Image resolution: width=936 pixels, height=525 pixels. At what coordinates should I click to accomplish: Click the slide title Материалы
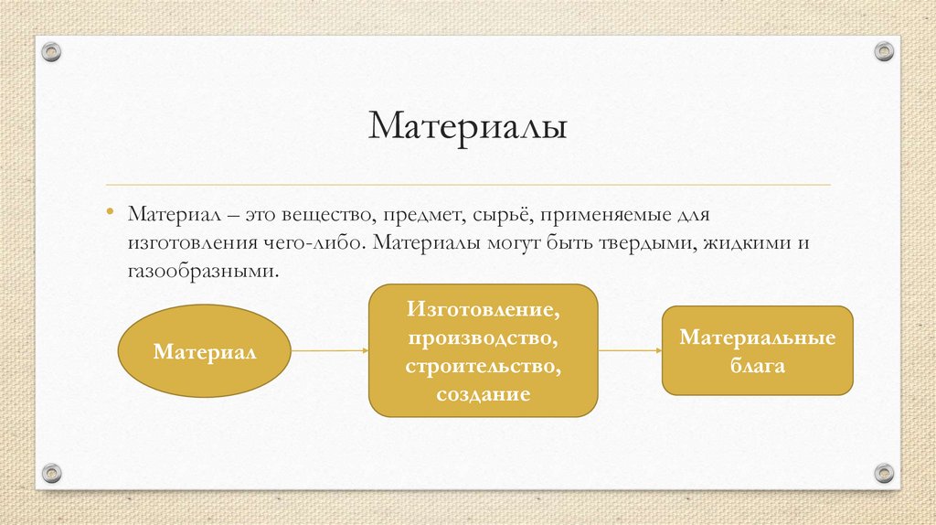(x=467, y=126)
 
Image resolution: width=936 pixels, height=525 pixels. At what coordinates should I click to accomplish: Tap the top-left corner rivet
(x=52, y=51)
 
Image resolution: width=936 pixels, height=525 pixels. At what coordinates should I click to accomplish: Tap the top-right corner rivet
(x=883, y=51)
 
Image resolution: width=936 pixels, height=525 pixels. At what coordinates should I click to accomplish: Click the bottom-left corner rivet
(x=52, y=473)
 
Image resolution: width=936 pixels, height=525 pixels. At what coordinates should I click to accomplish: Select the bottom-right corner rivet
(x=883, y=473)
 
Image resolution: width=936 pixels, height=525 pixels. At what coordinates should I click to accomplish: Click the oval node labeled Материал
(x=205, y=351)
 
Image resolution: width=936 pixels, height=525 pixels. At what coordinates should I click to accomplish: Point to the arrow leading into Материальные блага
(x=630, y=350)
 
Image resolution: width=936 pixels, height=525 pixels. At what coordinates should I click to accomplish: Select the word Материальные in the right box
(x=757, y=337)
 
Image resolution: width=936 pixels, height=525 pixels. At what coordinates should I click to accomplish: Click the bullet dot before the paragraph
(x=109, y=213)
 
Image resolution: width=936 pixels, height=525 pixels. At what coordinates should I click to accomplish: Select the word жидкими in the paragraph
(x=746, y=244)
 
